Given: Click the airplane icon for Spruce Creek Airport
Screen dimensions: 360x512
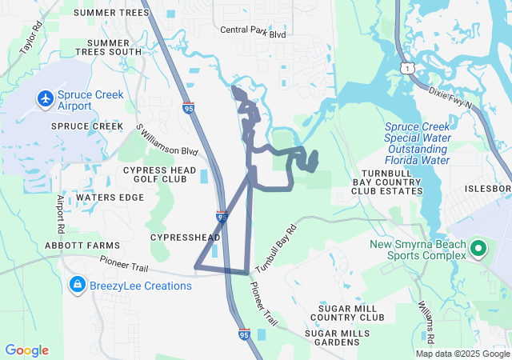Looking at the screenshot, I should tap(44, 98).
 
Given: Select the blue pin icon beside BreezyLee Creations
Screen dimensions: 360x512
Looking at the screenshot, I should tap(78, 285).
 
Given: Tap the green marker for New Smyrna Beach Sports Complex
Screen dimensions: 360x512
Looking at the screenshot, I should tap(478, 248).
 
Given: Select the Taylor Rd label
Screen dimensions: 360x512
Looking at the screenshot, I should tap(30, 39).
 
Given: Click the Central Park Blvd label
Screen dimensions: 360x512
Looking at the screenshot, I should tap(254, 34).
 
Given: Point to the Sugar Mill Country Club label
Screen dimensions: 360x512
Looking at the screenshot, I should tap(352, 313).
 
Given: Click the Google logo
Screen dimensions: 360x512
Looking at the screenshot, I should tap(27, 350).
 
